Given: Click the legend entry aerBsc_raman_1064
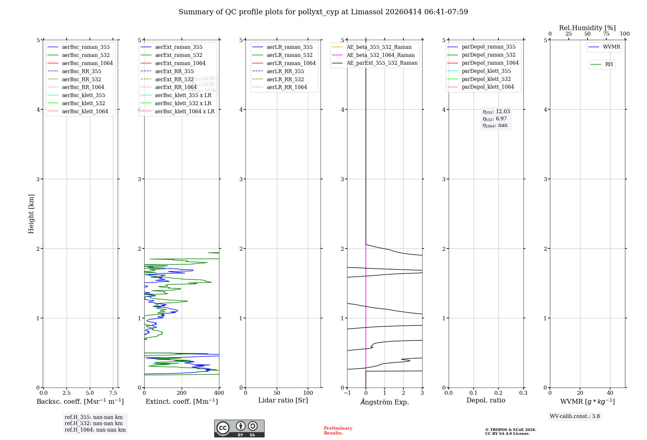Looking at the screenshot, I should click(x=87, y=63).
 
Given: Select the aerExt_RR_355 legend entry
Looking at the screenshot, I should click(x=174, y=71).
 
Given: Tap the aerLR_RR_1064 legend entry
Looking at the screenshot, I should click(x=287, y=87).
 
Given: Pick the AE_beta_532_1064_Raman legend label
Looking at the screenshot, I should click(x=380, y=55).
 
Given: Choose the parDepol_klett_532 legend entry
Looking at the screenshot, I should click(x=486, y=79).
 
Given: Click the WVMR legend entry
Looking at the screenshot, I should click(x=611, y=47).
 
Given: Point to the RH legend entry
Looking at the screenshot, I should click(x=609, y=64).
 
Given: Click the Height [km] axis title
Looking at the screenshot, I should click(x=31, y=214).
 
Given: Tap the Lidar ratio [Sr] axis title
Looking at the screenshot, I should click(x=283, y=400).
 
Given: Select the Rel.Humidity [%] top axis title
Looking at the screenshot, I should click(x=587, y=28).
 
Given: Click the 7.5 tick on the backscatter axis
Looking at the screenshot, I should click(x=113, y=393).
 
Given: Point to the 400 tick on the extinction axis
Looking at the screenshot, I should click(x=219, y=393).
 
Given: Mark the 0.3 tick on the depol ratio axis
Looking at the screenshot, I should click(x=523, y=393).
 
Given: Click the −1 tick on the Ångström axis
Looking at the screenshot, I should click(x=347, y=393).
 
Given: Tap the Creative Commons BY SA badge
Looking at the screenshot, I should click(x=239, y=428).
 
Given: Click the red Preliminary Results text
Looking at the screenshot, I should click(x=338, y=431).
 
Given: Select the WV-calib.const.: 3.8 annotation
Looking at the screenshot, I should click(x=575, y=416).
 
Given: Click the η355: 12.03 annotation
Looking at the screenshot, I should click(x=496, y=112).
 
